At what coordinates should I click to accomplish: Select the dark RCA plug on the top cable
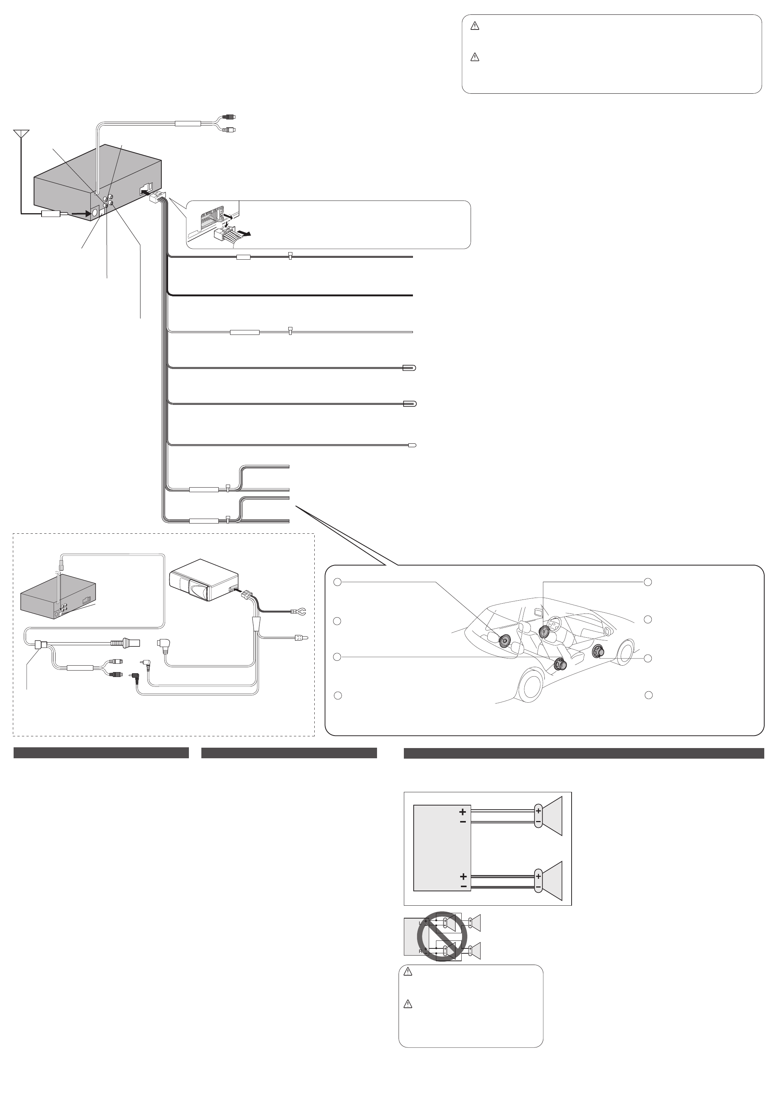tap(230, 117)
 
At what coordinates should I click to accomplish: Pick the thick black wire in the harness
tap(288, 294)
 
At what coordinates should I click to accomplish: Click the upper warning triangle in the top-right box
tap(475, 27)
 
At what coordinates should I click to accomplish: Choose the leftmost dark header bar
tap(101, 753)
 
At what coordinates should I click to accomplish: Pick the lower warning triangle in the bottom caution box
tap(408, 1004)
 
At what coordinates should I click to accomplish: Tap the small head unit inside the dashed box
tap(58, 596)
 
